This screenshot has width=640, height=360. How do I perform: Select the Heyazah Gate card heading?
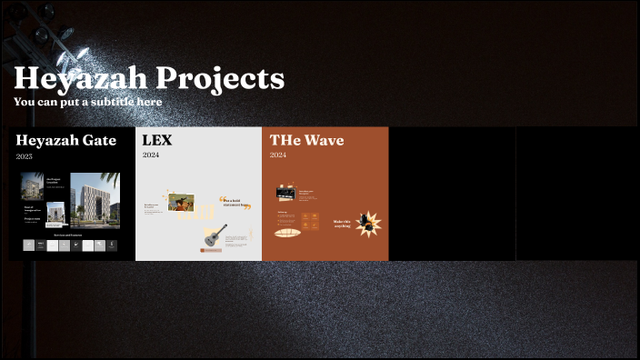[66, 141]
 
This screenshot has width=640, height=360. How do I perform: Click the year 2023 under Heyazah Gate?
[25, 156]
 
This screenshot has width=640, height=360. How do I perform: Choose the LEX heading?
[156, 141]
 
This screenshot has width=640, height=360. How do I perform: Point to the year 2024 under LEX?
[151, 155]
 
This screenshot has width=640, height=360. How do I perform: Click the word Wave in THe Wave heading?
[324, 141]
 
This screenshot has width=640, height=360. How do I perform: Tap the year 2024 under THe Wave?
[278, 155]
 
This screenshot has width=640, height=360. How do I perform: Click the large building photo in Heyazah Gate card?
[95, 200]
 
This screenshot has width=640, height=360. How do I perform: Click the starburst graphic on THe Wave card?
[368, 223]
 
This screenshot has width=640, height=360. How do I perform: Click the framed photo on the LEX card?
[181, 202]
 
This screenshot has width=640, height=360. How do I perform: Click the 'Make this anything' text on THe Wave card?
[343, 223]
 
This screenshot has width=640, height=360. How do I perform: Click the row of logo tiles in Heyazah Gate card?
[70, 245]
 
